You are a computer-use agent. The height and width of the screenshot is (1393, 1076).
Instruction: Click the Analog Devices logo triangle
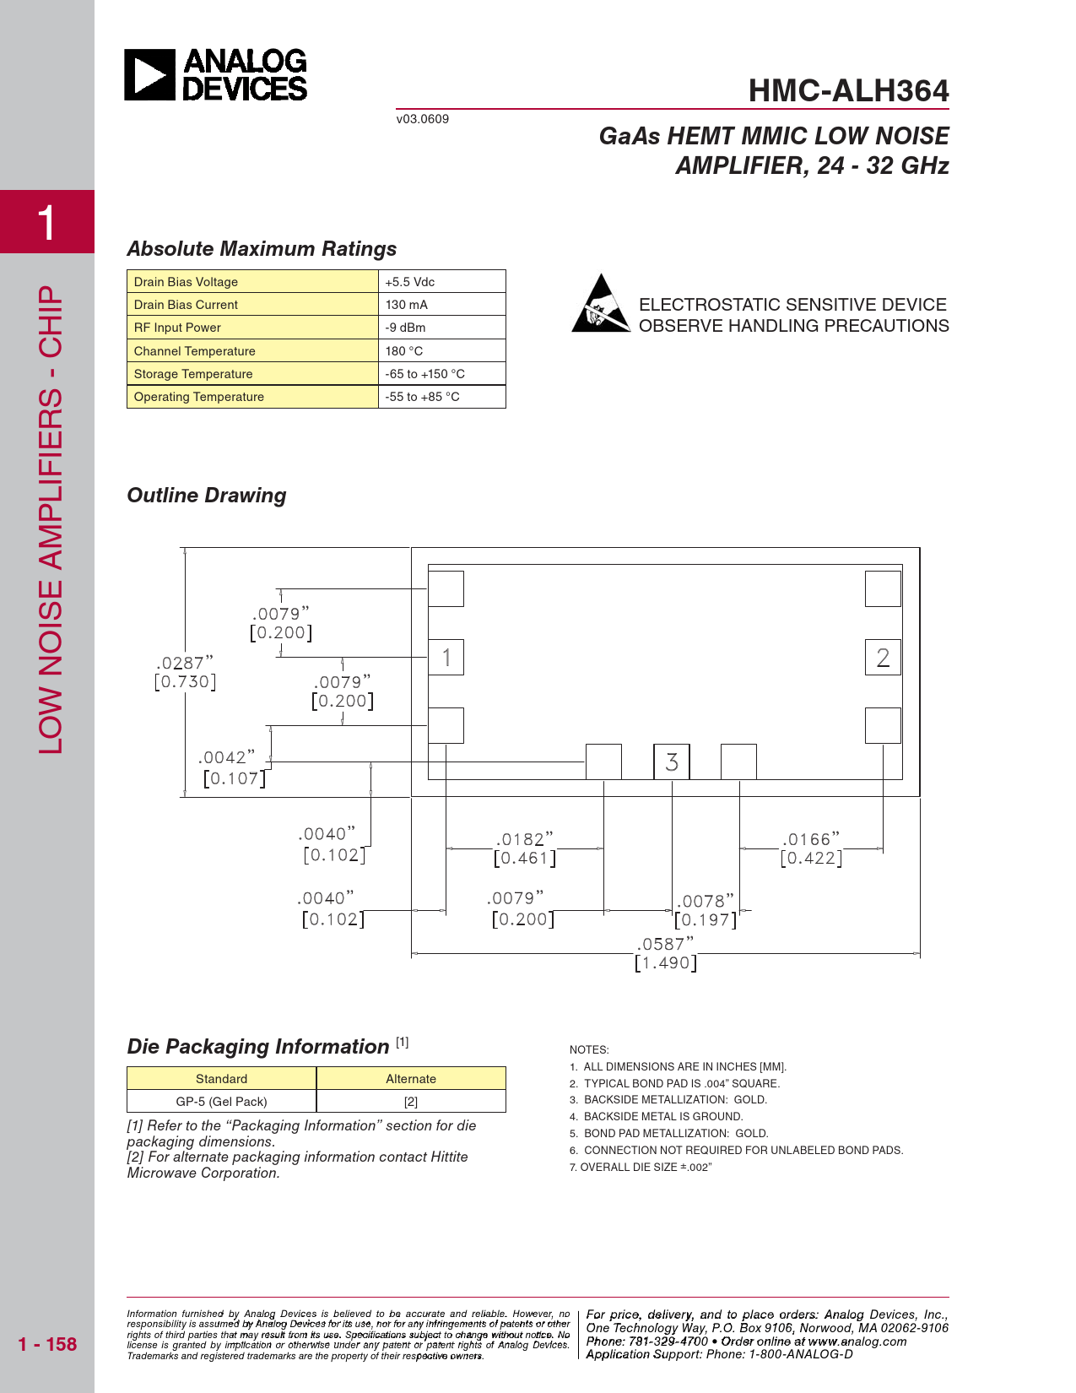pos(149,74)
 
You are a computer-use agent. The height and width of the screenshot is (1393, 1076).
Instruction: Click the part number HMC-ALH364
pos(848,91)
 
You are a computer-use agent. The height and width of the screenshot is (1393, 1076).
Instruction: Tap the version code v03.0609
pos(423,119)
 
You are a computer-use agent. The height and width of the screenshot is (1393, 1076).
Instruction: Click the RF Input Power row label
pos(177,328)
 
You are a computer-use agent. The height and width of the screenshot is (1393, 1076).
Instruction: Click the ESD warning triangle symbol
pos(600,304)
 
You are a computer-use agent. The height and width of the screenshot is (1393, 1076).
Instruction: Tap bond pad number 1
pos(446,658)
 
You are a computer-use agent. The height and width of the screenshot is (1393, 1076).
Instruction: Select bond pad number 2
pos(883,658)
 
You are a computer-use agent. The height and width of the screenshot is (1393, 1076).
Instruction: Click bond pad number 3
pos(672,762)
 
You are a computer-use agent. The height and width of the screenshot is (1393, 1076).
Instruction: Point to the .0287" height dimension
pos(185,672)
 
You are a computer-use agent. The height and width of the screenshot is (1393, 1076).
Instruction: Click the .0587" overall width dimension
pos(666,953)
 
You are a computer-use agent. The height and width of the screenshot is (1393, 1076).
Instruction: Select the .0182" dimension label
pos(525,848)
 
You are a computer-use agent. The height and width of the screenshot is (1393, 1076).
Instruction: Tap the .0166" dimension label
pos(811,848)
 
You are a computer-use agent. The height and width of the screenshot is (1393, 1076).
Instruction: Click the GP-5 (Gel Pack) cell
pos(221,1102)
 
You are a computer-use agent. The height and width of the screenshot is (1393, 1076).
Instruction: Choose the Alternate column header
pos(411,1079)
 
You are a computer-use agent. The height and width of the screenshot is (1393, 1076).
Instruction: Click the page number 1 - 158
pos(47,1344)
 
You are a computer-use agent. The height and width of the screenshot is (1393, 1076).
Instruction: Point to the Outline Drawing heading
pos(207,496)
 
